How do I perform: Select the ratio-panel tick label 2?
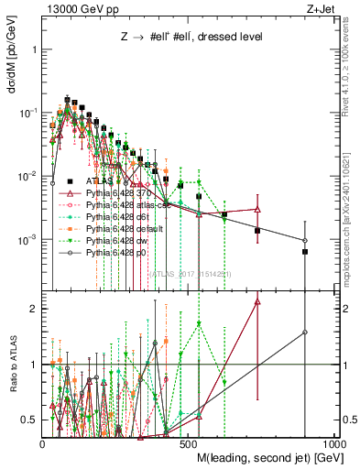[x=36, y=309]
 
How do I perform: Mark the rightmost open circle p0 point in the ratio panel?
[x=305, y=333]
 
